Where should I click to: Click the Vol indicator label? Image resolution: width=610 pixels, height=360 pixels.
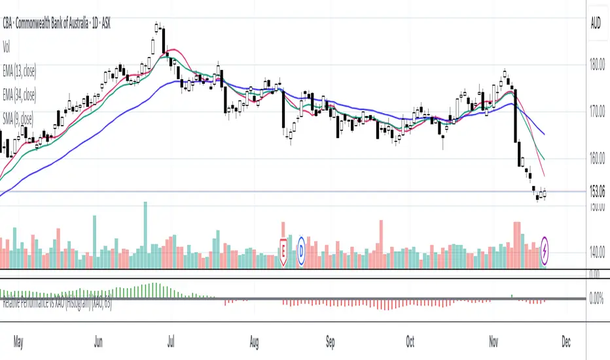tap(7, 46)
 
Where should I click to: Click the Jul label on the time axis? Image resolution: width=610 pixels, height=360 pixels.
tap(171, 342)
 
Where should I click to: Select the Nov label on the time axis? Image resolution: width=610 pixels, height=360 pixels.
tap(490, 342)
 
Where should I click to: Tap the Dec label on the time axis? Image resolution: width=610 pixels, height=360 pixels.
tap(565, 342)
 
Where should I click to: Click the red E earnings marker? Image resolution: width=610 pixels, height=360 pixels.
tap(283, 250)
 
